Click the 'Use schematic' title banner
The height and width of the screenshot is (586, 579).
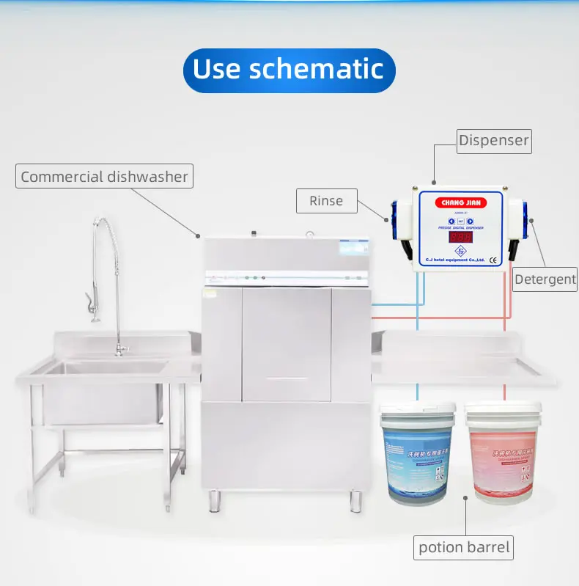click(x=289, y=70)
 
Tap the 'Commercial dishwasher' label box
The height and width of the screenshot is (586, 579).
click(x=104, y=176)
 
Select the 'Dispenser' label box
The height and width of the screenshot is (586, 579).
click(x=493, y=140)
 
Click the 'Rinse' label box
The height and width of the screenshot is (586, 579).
click(x=326, y=200)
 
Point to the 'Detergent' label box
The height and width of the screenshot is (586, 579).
click(x=545, y=279)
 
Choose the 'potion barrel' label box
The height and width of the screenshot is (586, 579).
click(x=464, y=546)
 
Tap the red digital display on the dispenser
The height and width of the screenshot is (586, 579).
click(x=460, y=237)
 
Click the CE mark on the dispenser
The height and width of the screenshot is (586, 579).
click(x=493, y=259)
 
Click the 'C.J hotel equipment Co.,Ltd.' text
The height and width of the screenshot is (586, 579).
click(x=454, y=260)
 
